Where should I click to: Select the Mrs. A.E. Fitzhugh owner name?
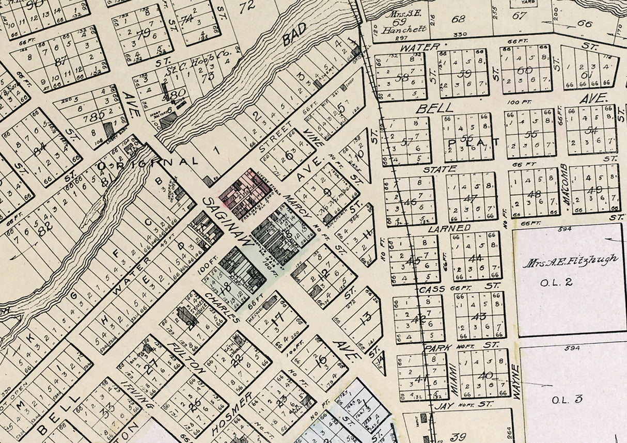570,262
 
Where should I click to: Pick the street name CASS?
432,289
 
